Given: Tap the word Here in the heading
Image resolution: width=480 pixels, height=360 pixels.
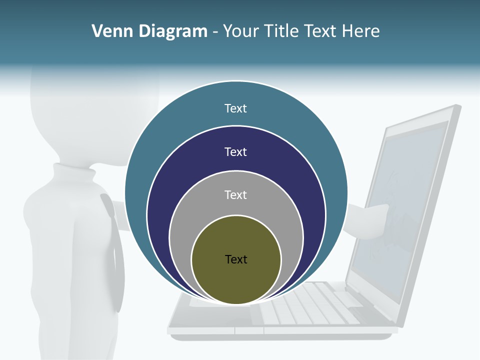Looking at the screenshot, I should click(x=360, y=31).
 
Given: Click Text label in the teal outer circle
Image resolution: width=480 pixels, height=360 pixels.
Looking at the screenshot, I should click(x=236, y=108).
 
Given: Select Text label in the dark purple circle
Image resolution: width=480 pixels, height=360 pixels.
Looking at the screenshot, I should click(x=236, y=151).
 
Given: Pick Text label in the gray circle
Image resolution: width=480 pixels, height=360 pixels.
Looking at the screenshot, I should click(x=236, y=194).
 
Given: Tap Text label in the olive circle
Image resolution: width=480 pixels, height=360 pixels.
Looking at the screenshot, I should click(x=236, y=259).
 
